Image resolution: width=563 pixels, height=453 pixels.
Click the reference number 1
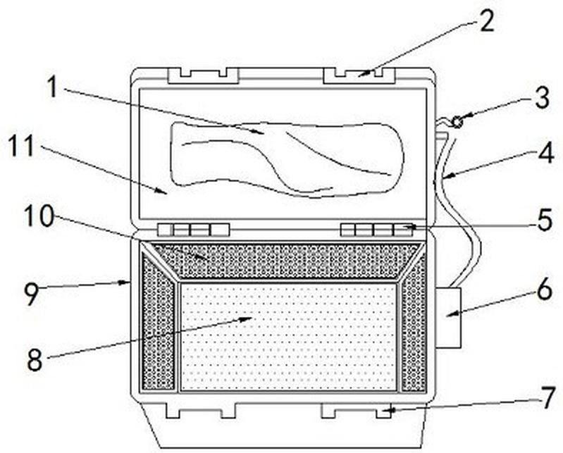click(x=53, y=87)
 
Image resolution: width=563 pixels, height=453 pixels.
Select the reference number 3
click(x=542, y=98)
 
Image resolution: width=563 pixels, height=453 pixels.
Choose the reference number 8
click(x=35, y=359)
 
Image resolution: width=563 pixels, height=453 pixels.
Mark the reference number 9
click(x=31, y=294)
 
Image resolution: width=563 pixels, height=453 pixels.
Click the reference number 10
click(x=39, y=216)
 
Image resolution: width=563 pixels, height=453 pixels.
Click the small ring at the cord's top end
click(x=457, y=123)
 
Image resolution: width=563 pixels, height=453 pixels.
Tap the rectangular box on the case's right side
click(x=448, y=317)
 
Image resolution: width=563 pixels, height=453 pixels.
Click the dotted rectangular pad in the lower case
click(x=288, y=336)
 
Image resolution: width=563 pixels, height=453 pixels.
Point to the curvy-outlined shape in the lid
click(x=287, y=160)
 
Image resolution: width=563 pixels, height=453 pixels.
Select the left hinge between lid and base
click(x=194, y=230)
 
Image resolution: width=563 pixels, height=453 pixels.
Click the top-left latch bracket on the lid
click(x=204, y=76)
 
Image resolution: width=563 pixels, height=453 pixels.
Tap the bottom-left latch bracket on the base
click(x=201, y=410)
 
